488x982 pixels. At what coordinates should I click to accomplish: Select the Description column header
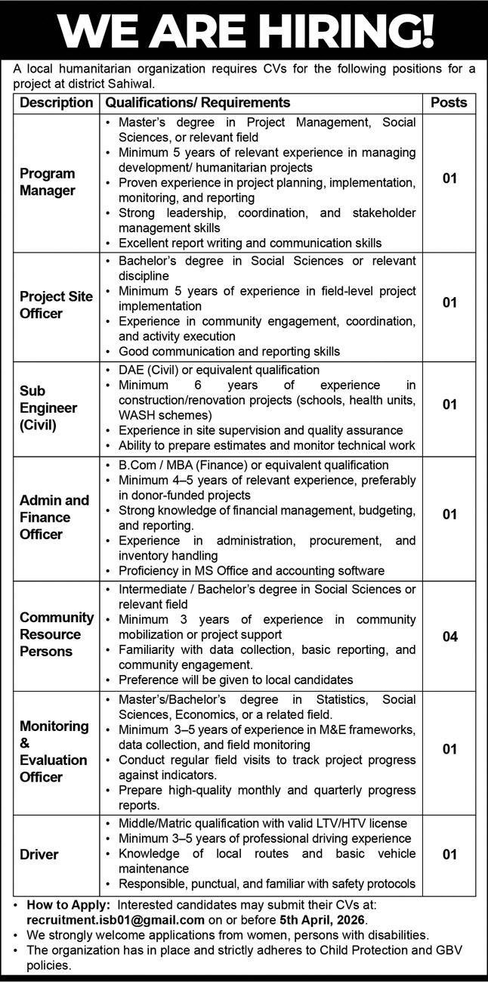coord(56,102)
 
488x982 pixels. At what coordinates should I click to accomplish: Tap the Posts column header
coord(449,102)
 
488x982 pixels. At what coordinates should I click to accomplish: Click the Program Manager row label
coord(48,182)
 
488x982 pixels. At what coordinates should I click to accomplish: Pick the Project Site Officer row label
coord(56,305)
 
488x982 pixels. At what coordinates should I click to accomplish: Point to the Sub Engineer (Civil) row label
coord(48,408)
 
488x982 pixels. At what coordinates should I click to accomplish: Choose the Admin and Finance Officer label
coord(54,517)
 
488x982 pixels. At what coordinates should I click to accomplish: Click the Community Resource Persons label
coord(57,634)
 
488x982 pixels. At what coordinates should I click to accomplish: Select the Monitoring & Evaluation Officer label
coord(54,751)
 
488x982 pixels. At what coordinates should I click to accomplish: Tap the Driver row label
coord(39,855)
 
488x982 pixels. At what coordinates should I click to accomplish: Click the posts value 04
coord(449,637)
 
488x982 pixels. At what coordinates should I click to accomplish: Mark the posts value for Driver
coord(449,855)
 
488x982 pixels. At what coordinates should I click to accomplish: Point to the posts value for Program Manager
coord(449,179)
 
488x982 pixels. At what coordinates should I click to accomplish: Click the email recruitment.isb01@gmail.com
coord(116,920)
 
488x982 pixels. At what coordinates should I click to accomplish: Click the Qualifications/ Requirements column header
coord(197,102)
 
